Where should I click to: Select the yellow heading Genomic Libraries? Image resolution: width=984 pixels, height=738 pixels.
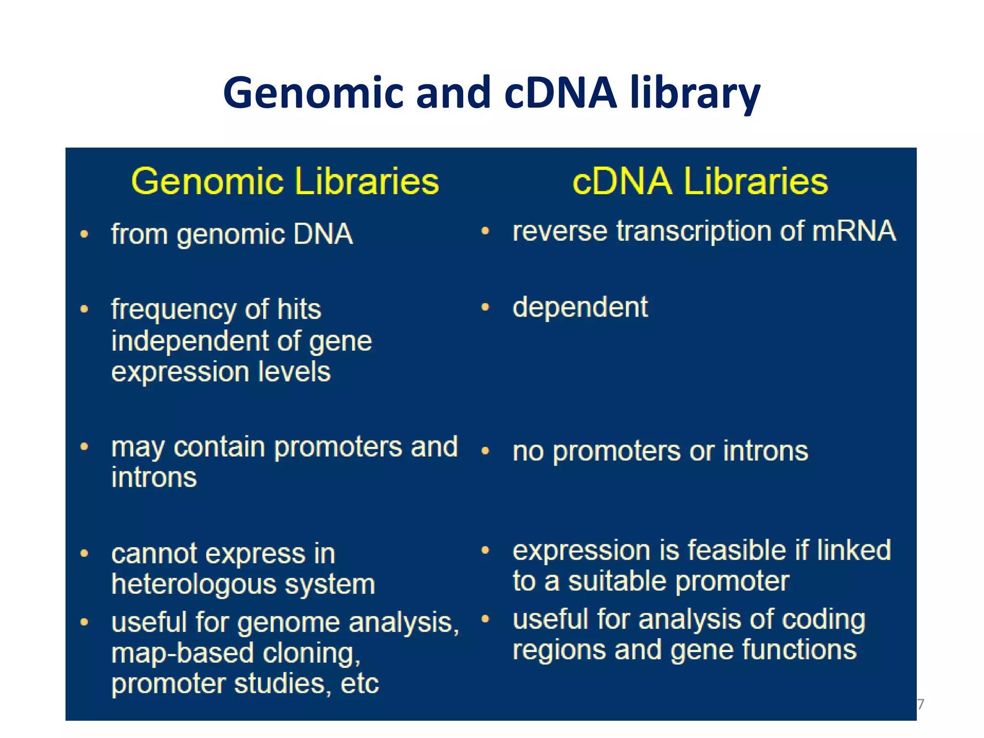point(285,181)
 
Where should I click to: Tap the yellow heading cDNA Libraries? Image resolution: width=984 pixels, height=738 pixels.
point(701,181)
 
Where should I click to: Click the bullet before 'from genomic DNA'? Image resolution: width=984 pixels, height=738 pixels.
point(85,234)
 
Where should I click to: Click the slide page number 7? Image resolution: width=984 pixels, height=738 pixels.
point(921,704)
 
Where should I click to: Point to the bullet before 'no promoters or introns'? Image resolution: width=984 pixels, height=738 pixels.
point(485,451)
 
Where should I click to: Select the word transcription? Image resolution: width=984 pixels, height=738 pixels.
point(694,231)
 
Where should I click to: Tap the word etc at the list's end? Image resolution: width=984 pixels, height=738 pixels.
point(359,684)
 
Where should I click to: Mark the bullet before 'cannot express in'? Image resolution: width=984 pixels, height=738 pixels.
point(85,553)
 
